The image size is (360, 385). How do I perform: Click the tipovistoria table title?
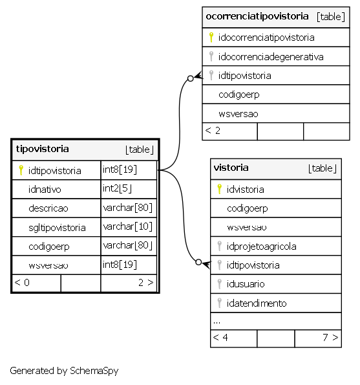(43, 149)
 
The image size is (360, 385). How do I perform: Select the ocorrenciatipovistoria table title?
(257, 16)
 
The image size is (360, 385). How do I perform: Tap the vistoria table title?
(231, 168)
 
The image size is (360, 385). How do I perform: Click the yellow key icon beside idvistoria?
(220, 189)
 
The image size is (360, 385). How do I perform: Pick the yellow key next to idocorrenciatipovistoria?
(211, 38)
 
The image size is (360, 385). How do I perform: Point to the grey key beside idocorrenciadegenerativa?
(211, 56)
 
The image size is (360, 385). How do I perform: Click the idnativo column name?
(45, 190)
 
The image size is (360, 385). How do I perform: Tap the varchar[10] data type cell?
(128, 226)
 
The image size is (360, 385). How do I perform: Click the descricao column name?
(48, 208)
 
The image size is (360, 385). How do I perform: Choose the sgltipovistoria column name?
(57, 228)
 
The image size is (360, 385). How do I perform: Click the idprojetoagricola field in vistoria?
(261, 247)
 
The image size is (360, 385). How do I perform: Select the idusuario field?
(246, 284)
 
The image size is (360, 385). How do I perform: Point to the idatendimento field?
(257, 303)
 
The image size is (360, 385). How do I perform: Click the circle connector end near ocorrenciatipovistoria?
(190, 78)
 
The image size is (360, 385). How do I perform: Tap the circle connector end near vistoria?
(198, 262)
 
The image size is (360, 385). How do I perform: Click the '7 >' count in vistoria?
(330, 337)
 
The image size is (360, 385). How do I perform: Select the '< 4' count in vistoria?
(220, 337)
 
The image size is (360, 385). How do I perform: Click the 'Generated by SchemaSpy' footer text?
(64, 371)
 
